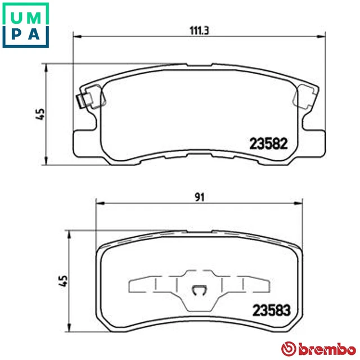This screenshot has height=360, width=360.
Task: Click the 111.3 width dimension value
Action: (195, 31)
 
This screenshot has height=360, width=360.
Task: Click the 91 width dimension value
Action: (199, 197)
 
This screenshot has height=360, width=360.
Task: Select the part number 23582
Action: (268, 143)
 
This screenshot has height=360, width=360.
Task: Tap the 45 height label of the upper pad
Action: (39, 114)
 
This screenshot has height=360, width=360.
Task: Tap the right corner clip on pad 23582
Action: (307, 94)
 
